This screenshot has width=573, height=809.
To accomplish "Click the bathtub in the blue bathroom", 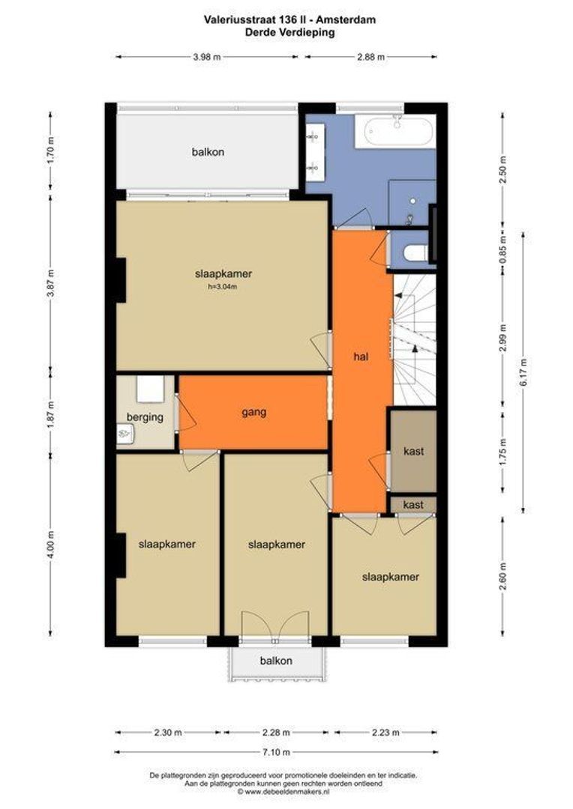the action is [400, 131].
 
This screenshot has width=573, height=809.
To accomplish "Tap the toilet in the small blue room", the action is [415, 253].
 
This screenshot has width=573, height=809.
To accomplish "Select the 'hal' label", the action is [361, 356].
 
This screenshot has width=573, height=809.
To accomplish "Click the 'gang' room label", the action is [254, 412].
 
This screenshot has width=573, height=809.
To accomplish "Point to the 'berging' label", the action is [145, 417].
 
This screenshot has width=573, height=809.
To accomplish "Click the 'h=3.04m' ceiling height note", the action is [223, 286].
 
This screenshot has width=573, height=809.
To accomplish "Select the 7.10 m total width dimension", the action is [277, 752].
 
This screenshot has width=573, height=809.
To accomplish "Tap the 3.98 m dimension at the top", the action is [207, 57].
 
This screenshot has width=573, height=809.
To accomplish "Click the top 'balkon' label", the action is [208, 152].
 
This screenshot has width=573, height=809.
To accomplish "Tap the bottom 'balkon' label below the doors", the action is [276, 661].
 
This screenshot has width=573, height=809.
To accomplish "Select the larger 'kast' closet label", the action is [413, 451].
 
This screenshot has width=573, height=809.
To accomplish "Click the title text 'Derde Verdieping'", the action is [289, 32].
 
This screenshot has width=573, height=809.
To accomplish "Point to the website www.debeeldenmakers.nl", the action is [286, 791].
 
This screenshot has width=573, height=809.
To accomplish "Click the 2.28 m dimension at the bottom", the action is [276, 732].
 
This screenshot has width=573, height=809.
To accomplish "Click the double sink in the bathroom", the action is [315, 152].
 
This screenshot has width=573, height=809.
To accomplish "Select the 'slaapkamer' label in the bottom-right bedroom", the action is [390, 577].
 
